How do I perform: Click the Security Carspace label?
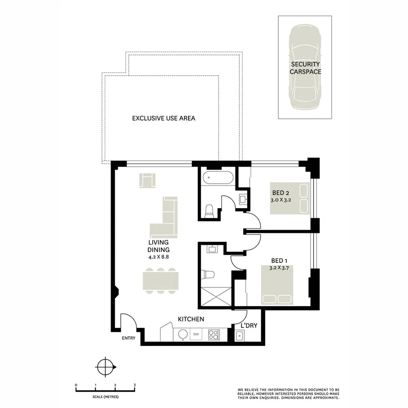point(305,68)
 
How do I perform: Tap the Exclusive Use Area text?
point(163,118)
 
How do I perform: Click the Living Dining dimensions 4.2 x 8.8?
point(158,257)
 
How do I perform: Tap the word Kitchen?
point(190,320)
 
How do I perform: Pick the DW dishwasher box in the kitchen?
point(196,335)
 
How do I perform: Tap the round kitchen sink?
point(183,335)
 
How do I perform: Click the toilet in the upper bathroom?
point(209,210)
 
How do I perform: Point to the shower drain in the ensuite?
point(216,297)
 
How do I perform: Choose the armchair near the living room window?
point(147,180)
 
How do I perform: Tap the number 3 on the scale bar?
point(135,385)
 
